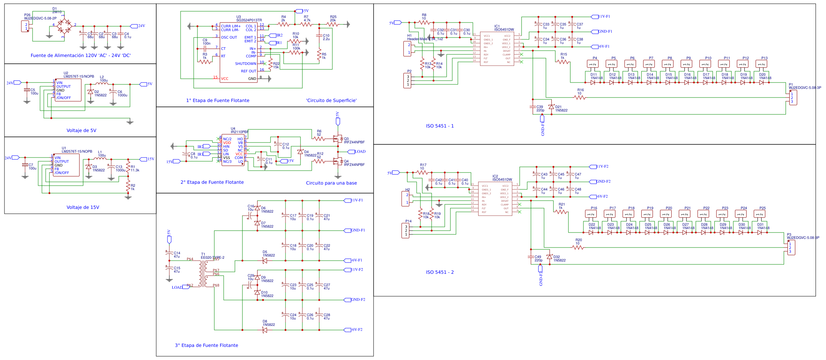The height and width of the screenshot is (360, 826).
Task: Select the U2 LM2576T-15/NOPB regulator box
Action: point(68,90)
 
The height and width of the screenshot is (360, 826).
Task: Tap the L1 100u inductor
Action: point(100,159)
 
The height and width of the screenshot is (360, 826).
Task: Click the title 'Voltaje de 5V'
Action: point(81,130)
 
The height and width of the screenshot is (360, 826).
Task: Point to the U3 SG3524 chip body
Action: point(238,52)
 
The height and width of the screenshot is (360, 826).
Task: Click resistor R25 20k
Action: point(332,24)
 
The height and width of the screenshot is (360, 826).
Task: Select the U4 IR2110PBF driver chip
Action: point(233,150)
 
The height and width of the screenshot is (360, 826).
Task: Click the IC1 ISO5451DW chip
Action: point(497,49)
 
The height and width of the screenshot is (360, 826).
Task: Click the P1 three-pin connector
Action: point(793,97)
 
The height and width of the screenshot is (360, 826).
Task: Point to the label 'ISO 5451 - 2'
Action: point(440,272)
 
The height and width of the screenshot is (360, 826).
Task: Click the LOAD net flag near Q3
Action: point(352,152)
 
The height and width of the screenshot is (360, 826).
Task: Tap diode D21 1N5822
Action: point(551,107)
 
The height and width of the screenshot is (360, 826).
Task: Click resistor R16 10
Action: point(579,97)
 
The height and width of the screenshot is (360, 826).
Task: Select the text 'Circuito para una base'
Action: point(331,183)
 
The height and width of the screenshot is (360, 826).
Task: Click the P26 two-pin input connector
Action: point(25,27)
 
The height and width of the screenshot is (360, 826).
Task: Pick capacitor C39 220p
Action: point(533,107)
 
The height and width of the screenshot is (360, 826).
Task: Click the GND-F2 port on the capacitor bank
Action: point(358,300)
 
